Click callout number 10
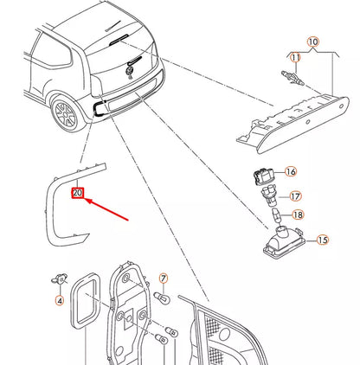tap(313, 42)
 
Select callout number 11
tap(295, 58)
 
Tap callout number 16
tap(291, 172)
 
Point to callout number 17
tap(295, 196)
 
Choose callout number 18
tap(298, 215)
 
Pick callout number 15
tap(323, 240)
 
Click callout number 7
tap(164, 279)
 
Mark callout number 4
tap(60, 301)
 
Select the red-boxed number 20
tap(78, 193)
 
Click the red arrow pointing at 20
tap(106, 209)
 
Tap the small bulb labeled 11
tap(292, 79)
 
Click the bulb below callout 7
tap(162, 298)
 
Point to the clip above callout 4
tap(59, 279)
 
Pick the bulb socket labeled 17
tap(268, 196)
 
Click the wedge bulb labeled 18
tap(276, 215)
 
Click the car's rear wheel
tap(66, 113)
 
